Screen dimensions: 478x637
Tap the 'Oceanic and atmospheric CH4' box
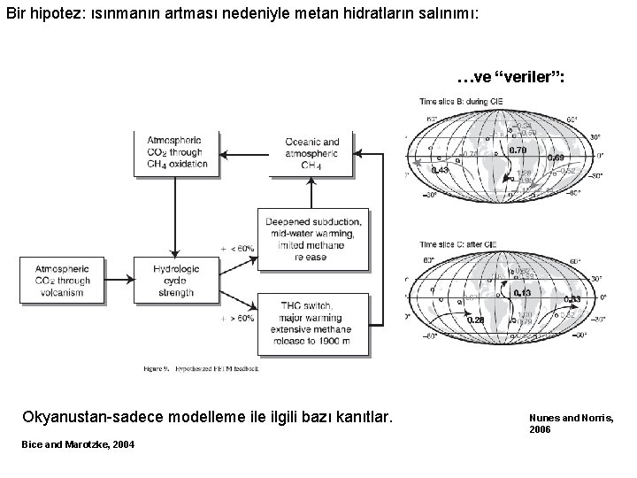[x=311, y=153]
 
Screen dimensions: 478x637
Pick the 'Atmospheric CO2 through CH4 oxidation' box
[x=174, y=153]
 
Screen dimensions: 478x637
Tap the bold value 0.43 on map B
[x=440, y=170]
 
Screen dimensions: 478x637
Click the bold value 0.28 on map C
[x=474, y=320]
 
